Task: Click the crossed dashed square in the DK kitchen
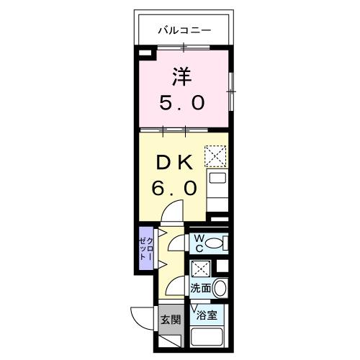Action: tap(215, 155)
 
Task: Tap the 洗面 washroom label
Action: tap(200, 289)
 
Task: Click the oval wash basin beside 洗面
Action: tap(220, 289)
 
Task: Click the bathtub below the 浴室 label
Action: tap(210, 337)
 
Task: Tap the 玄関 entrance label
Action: tap(170, 319)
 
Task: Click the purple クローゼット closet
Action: tap(145, 248)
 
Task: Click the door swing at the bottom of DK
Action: tap(173, 212)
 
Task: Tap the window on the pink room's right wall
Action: tap(230, 90)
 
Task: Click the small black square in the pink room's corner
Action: tap(145, 53)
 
